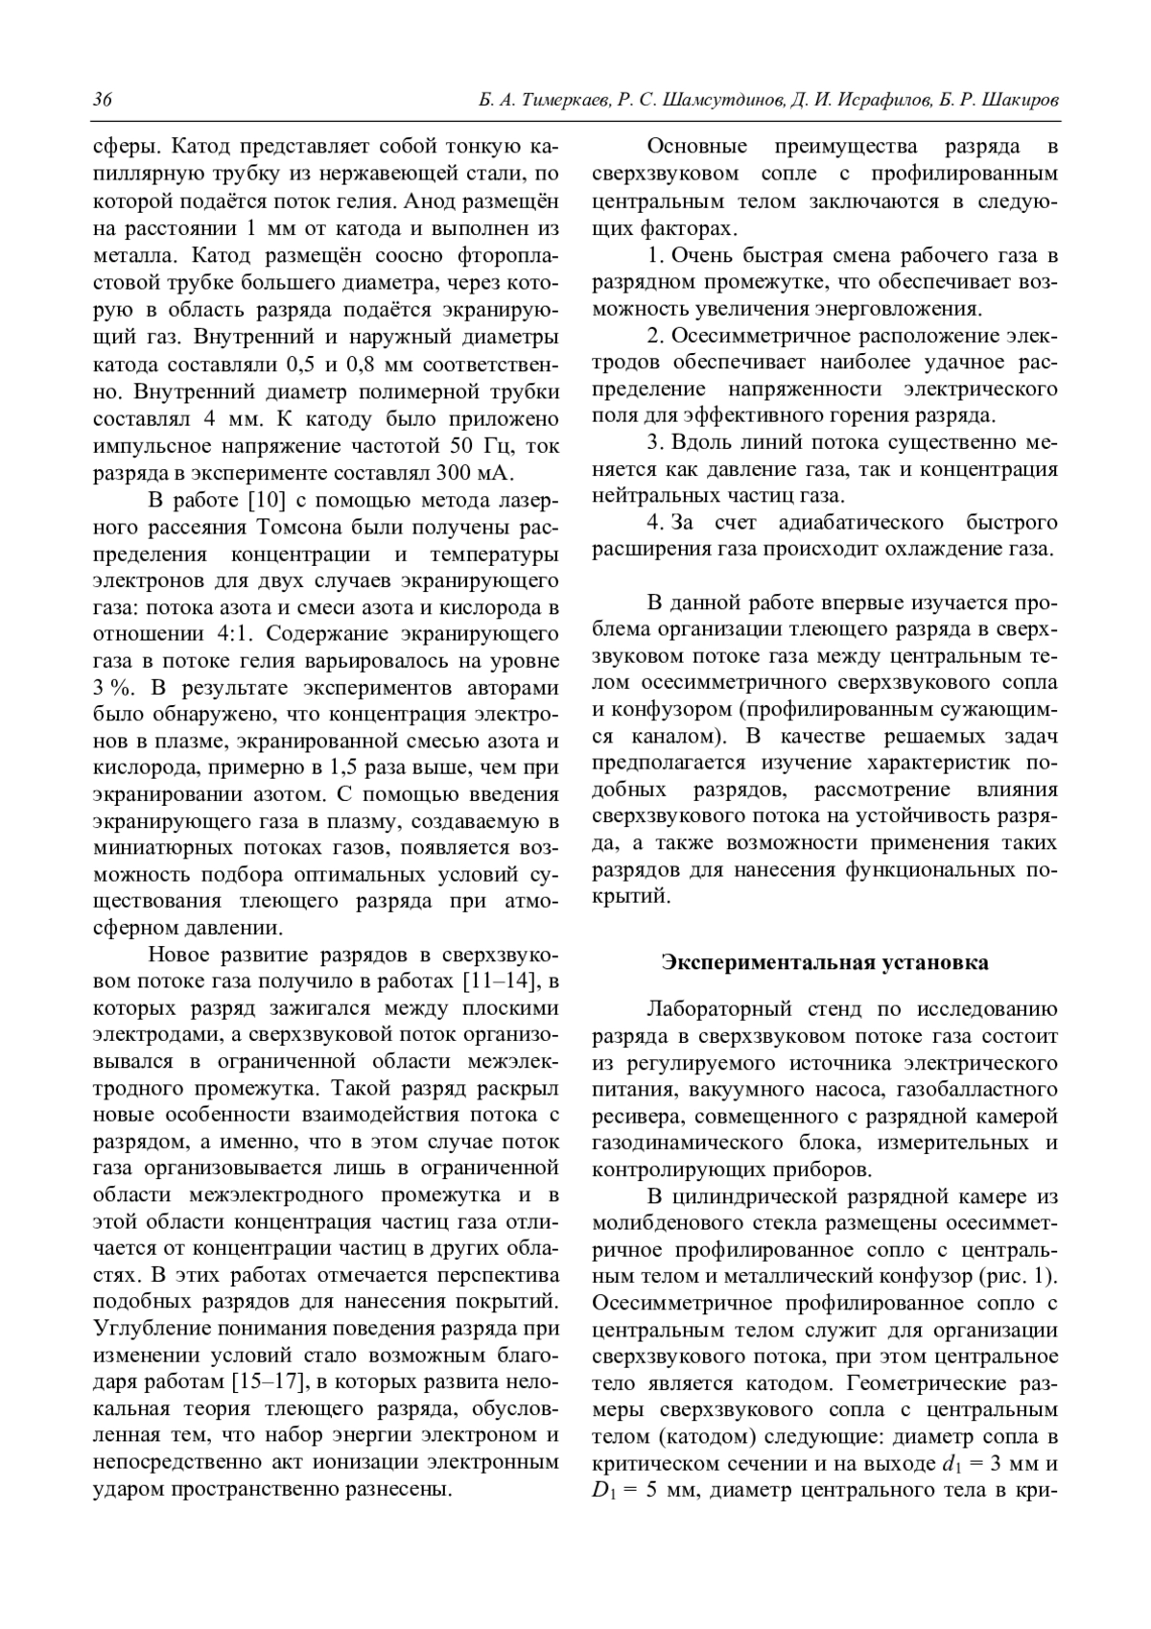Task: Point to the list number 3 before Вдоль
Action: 654,443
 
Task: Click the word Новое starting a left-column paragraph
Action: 178,956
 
